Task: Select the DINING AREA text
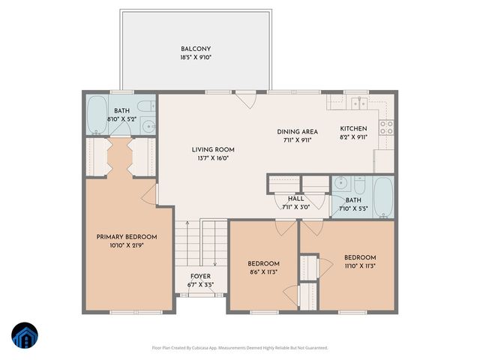(x=298, y=131)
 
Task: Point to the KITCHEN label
(x=354, y=128)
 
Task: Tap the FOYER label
(x=200, y=276)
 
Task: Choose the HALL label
(x=296, y=198)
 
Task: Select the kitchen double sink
(x=363, y=103)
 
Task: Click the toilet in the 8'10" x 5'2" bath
(x=147, y=106)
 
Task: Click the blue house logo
(x=24, y=336)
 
